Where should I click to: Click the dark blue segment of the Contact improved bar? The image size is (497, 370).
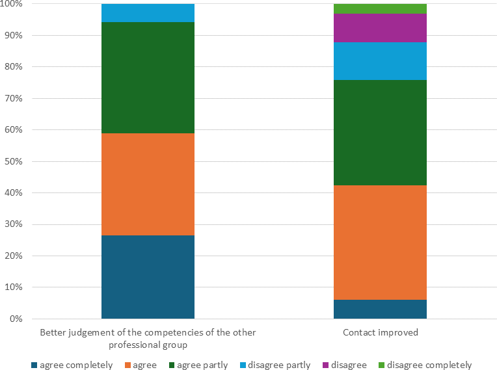380,309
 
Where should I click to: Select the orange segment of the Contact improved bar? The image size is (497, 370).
380,243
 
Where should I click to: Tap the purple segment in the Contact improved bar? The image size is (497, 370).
380,28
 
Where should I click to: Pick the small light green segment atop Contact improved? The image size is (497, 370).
380,8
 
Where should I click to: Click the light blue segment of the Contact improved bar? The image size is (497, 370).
380,61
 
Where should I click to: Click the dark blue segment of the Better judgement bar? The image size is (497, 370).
148,277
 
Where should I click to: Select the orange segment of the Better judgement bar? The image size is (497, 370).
148,184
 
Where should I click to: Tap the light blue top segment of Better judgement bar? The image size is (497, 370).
148,13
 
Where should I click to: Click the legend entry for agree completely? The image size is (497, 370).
72,365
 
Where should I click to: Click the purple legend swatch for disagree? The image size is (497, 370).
325,365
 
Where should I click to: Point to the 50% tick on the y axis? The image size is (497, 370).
12,161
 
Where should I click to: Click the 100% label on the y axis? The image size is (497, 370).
11,4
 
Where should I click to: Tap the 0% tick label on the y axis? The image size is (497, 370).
15,319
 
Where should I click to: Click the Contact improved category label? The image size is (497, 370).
380,332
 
